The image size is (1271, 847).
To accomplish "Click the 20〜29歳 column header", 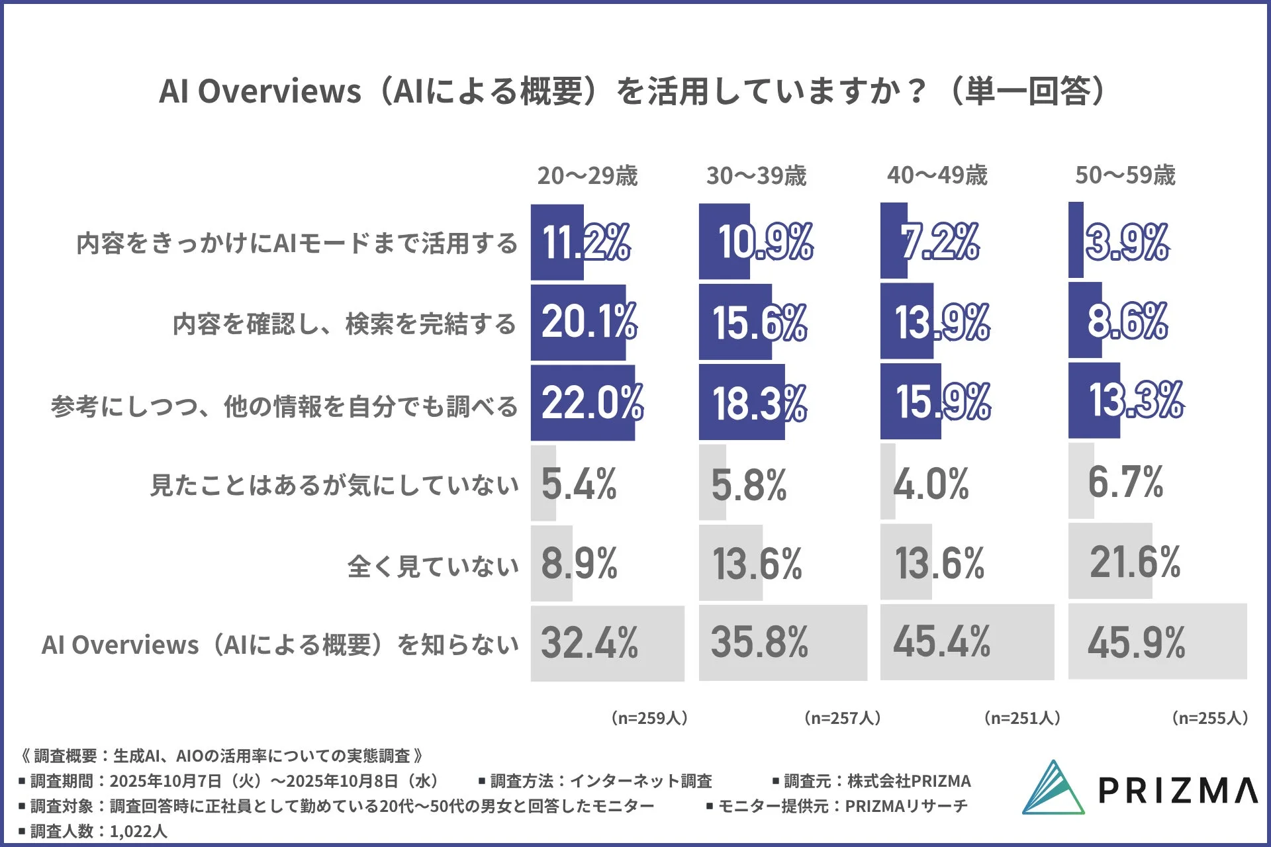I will (587, 175).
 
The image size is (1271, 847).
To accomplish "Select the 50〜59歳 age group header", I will (1125, 175).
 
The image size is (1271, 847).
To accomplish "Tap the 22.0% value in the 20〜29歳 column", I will (591, 402).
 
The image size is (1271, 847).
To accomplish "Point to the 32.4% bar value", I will (589, 643).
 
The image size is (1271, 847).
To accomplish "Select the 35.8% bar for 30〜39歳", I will (782, 643).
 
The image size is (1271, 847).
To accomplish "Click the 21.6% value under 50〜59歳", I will (1135, 562).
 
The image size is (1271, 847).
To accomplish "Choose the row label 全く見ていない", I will (433, 566).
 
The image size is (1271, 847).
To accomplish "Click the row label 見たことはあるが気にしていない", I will (334, 485).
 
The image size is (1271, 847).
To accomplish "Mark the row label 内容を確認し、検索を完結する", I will (344, 324).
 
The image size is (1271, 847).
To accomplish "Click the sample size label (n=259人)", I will (649, 718).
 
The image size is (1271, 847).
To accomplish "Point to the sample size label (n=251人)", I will (1022, 718).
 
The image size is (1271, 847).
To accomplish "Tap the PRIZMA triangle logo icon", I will (1053, 789).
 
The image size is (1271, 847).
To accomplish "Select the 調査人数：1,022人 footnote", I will (93, 831).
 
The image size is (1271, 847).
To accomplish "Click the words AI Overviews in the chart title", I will (259, 91).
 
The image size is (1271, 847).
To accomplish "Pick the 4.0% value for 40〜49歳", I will (931, 484).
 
